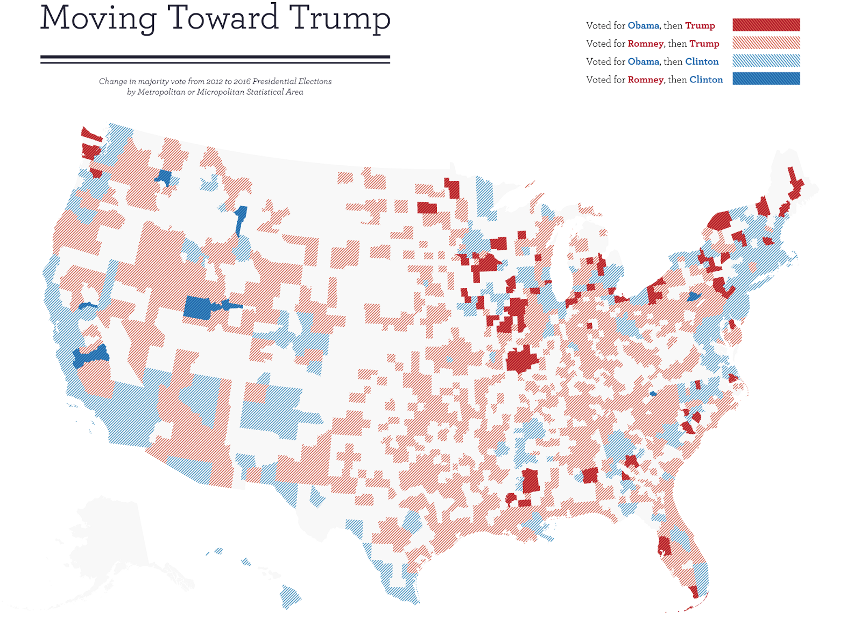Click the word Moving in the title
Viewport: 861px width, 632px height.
pyautogui.click(x=98, y=18)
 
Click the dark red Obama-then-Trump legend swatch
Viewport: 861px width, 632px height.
pyautogui.click(x=766, y=25)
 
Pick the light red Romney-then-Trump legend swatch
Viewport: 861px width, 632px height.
pyautogui.click(x=766, y=43)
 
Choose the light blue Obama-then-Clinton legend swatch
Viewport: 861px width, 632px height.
pyautogui.click(x=766, y=61)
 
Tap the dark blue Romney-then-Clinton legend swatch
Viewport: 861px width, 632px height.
pyautogui.click(x=766, y=79)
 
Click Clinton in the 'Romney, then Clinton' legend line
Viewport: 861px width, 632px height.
pyautogui.click(x=706, y=80)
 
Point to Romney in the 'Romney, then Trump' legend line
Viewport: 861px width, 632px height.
pyautogui.click(x=645, y=44)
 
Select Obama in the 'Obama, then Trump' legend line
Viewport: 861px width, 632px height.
pyautogui.click(x=643, y=26)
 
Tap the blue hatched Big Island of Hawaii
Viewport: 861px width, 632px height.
pyautogui.click(x=290, y=596)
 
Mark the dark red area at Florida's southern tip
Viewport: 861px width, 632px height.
pyautogui.click(x=694, y=592)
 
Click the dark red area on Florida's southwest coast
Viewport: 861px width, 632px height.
pyautogui.click(x=664, y=546)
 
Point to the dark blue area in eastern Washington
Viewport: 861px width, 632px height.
pyautogui.click(x=164, y=177)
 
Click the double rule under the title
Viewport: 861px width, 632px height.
pyautogui.click(x=215, y=59)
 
